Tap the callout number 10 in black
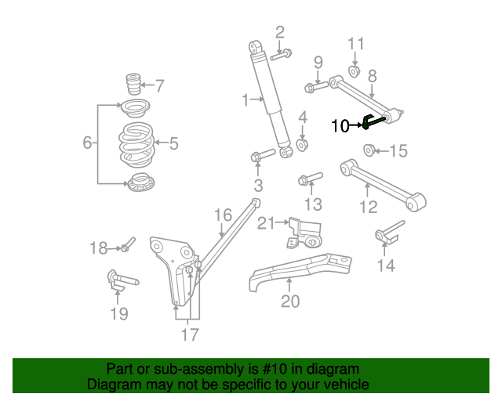[x=340, y=125]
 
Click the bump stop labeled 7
[x=133, y=85]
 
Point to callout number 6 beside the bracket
[x=88, y=143]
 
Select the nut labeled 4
[x=303, y=146]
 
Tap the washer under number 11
[x=354, y=72]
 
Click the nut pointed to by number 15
[x=369, y=150]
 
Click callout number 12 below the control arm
[x=368, y=207]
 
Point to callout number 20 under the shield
[x=289, y=302]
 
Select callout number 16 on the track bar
[x=223, y=215]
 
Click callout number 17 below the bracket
[x=189, y=335]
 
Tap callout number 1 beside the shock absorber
[x=246, y=99]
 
